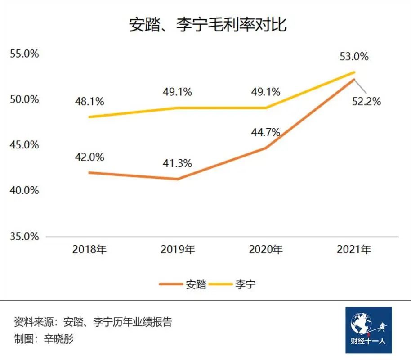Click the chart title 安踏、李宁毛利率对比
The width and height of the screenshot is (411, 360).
point(207,25)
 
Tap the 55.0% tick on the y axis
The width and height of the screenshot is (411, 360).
point(24,54)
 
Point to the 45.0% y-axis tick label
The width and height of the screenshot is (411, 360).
point(24,145)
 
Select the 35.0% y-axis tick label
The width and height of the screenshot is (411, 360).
point(24,236)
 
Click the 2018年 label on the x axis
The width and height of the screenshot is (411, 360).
point(89,249)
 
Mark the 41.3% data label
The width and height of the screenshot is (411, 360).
point(177,163)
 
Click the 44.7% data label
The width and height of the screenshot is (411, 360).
point(265,132)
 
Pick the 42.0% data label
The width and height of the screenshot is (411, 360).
point(89,157)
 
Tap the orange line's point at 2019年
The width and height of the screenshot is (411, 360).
point(177,179)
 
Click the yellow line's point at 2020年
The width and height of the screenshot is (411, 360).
point(265,108)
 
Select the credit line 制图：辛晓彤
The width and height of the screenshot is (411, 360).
point(44,338)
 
